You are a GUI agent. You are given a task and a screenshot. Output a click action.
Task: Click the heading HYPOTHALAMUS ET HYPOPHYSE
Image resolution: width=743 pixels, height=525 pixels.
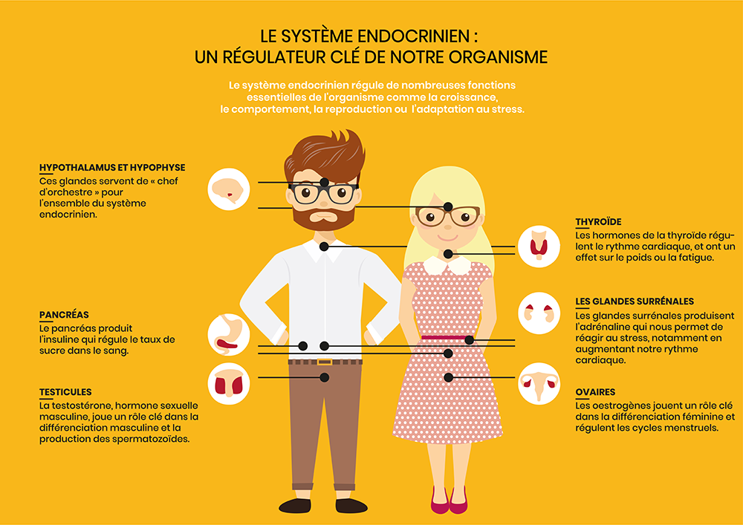coord(112,168)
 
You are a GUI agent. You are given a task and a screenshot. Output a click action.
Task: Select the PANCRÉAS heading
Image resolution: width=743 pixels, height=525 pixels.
coord(64,315)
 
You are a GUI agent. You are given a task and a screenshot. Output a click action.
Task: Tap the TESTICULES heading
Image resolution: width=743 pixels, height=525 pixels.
coord(65,392)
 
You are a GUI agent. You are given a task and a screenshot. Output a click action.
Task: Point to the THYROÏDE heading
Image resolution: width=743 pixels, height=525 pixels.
coord(598,222)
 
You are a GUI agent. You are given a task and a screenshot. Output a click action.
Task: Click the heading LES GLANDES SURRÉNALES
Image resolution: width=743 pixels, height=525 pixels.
coord(635,301)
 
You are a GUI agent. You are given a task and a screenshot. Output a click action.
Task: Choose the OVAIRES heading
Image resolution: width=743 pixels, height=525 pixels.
coord(595,392)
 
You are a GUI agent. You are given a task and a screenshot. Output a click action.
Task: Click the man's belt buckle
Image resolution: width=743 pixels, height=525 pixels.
coord(325,362)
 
